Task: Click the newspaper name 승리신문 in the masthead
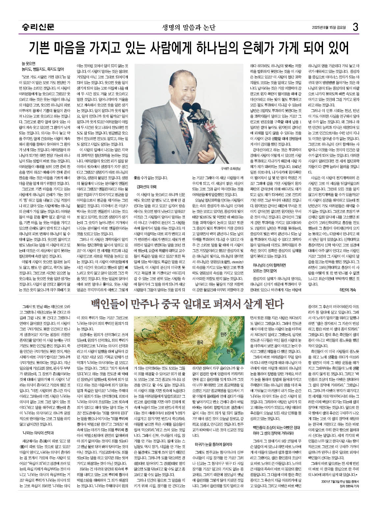pos(36,27)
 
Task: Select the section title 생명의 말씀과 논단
pos(188,27)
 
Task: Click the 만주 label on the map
pos(224,335)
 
